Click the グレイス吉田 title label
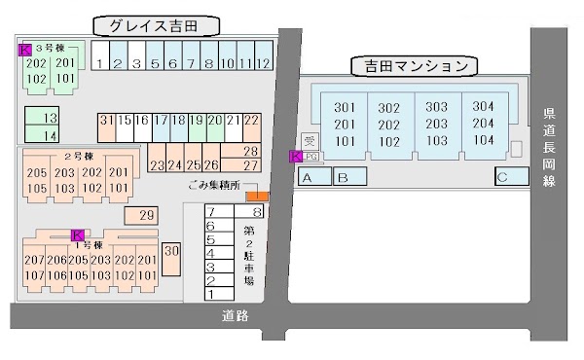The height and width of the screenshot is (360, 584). point(157,26)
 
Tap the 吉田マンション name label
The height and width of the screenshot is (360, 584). point(416,66)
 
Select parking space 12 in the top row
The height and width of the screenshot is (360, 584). point(263,64)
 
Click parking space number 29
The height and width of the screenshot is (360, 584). point(147,215)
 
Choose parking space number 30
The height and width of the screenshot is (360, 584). point(172,252)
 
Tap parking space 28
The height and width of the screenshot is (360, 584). point(250,151)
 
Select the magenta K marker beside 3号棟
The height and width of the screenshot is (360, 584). point(24,48)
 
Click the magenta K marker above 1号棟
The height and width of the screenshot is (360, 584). point(77,234)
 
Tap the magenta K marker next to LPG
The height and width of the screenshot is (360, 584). point(296,157)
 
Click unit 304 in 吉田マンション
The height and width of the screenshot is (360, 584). point(482,106)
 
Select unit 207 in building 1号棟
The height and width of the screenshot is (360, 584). point(34,260)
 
